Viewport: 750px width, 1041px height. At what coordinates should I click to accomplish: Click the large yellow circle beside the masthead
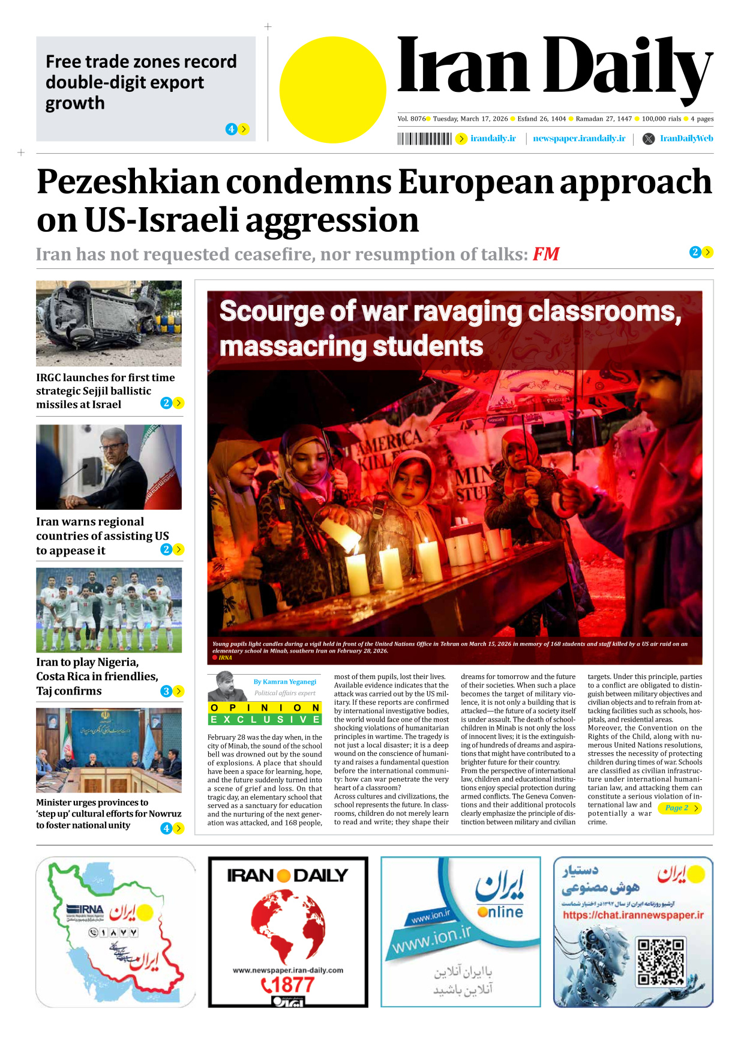click(332, 90)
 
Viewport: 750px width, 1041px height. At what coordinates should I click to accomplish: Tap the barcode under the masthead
click(424, 139)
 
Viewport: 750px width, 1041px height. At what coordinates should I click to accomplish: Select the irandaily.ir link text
click(493, 139)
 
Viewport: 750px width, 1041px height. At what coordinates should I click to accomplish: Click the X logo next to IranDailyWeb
click(648, 139)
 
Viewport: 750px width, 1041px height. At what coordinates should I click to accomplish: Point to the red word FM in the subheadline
click(546, 254)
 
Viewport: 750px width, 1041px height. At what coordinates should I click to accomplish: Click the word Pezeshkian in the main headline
click(128, 181)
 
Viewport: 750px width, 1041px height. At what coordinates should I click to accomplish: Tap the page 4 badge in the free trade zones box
click(231, 129)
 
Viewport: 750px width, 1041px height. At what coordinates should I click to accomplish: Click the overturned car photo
click(109, 323)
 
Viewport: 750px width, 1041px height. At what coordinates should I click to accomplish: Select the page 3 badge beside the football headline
click(166, 691)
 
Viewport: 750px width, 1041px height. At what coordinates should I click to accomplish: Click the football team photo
click(109, 610)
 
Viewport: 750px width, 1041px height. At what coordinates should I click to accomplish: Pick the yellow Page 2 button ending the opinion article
click(682, 808)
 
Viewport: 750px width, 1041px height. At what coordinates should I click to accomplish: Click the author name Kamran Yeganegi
click(284, 681)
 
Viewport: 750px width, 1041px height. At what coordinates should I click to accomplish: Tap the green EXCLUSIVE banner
click(265, 719)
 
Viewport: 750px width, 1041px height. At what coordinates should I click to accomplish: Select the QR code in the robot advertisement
click(660, 962)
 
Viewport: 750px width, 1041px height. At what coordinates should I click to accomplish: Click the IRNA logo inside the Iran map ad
click(85, 910)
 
